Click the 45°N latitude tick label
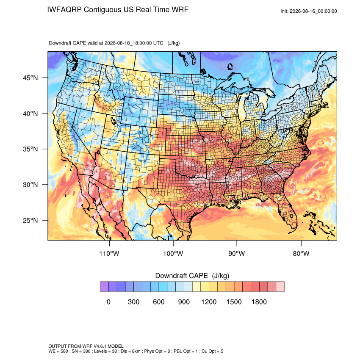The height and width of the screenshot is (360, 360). [x=30, y=78]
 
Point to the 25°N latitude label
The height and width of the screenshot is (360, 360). [x=30, y=220]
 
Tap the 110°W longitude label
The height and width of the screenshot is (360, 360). [x=109, y=253]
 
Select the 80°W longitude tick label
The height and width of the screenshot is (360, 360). [x=301, y=253]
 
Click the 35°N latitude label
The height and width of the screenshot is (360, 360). [x=30, y=149]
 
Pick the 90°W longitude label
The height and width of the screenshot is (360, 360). [x=237, y=253]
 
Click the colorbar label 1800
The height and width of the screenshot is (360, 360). [x=259, y=302]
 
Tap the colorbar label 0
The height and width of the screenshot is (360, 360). [x=108, y=302]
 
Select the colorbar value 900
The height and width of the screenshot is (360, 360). [x=184, y=302]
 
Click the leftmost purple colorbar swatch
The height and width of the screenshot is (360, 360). [x=104, y=287]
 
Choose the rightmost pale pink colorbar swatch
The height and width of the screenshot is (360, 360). [x=280, y=287]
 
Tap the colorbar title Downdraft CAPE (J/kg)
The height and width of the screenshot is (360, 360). [x=192, y=276]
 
